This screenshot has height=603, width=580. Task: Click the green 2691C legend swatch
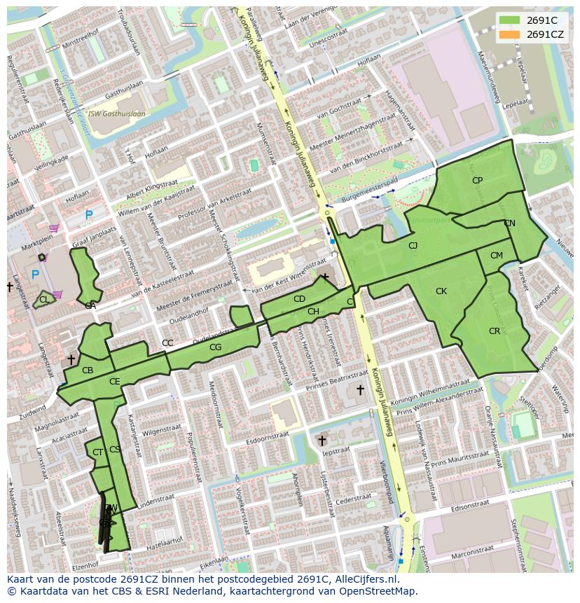click(x=510, y=20)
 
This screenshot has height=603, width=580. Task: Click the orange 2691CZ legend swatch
click(x=510, y=34)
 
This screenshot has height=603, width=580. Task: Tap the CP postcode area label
click(x=477, y=181)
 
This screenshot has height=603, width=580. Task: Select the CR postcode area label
click(x=495, y=331)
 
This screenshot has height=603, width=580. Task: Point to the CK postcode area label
click(x=441, y=291)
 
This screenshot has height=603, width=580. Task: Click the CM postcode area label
click(x=496, y=256)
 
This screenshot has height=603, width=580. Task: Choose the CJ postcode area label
click(x=413, y=246)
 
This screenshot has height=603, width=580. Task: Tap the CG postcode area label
click(x=215, y=347)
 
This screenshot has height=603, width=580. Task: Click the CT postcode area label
click(x=97, y=452)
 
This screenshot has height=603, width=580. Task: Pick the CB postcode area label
click(x=88, y=370)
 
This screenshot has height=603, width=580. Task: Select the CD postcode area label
click(x=299, y=299)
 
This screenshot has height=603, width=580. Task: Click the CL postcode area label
click(x=44, y=300)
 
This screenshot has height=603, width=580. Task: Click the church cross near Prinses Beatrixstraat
click(x=360, y=389)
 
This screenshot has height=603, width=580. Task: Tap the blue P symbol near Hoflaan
click(x=88, y=216)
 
